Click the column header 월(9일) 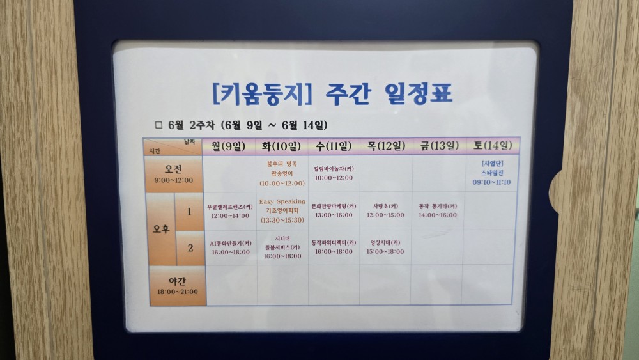coord(229,146)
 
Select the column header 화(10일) coord(281,146)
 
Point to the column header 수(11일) coord(334,146)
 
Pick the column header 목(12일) coord(386,146)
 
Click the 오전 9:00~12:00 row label coord(173,174)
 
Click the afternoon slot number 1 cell coord(189,211)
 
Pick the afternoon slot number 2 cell coord(189,247)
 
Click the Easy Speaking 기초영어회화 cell coord(282,210)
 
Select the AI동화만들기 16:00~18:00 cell coord(230,247)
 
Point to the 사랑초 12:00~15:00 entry coord(385,210)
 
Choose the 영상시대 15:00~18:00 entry coord(385,247)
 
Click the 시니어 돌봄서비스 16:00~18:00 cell coord(282,247)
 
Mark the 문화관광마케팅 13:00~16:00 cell coord(333,210)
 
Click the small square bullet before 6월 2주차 coord(159,125)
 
